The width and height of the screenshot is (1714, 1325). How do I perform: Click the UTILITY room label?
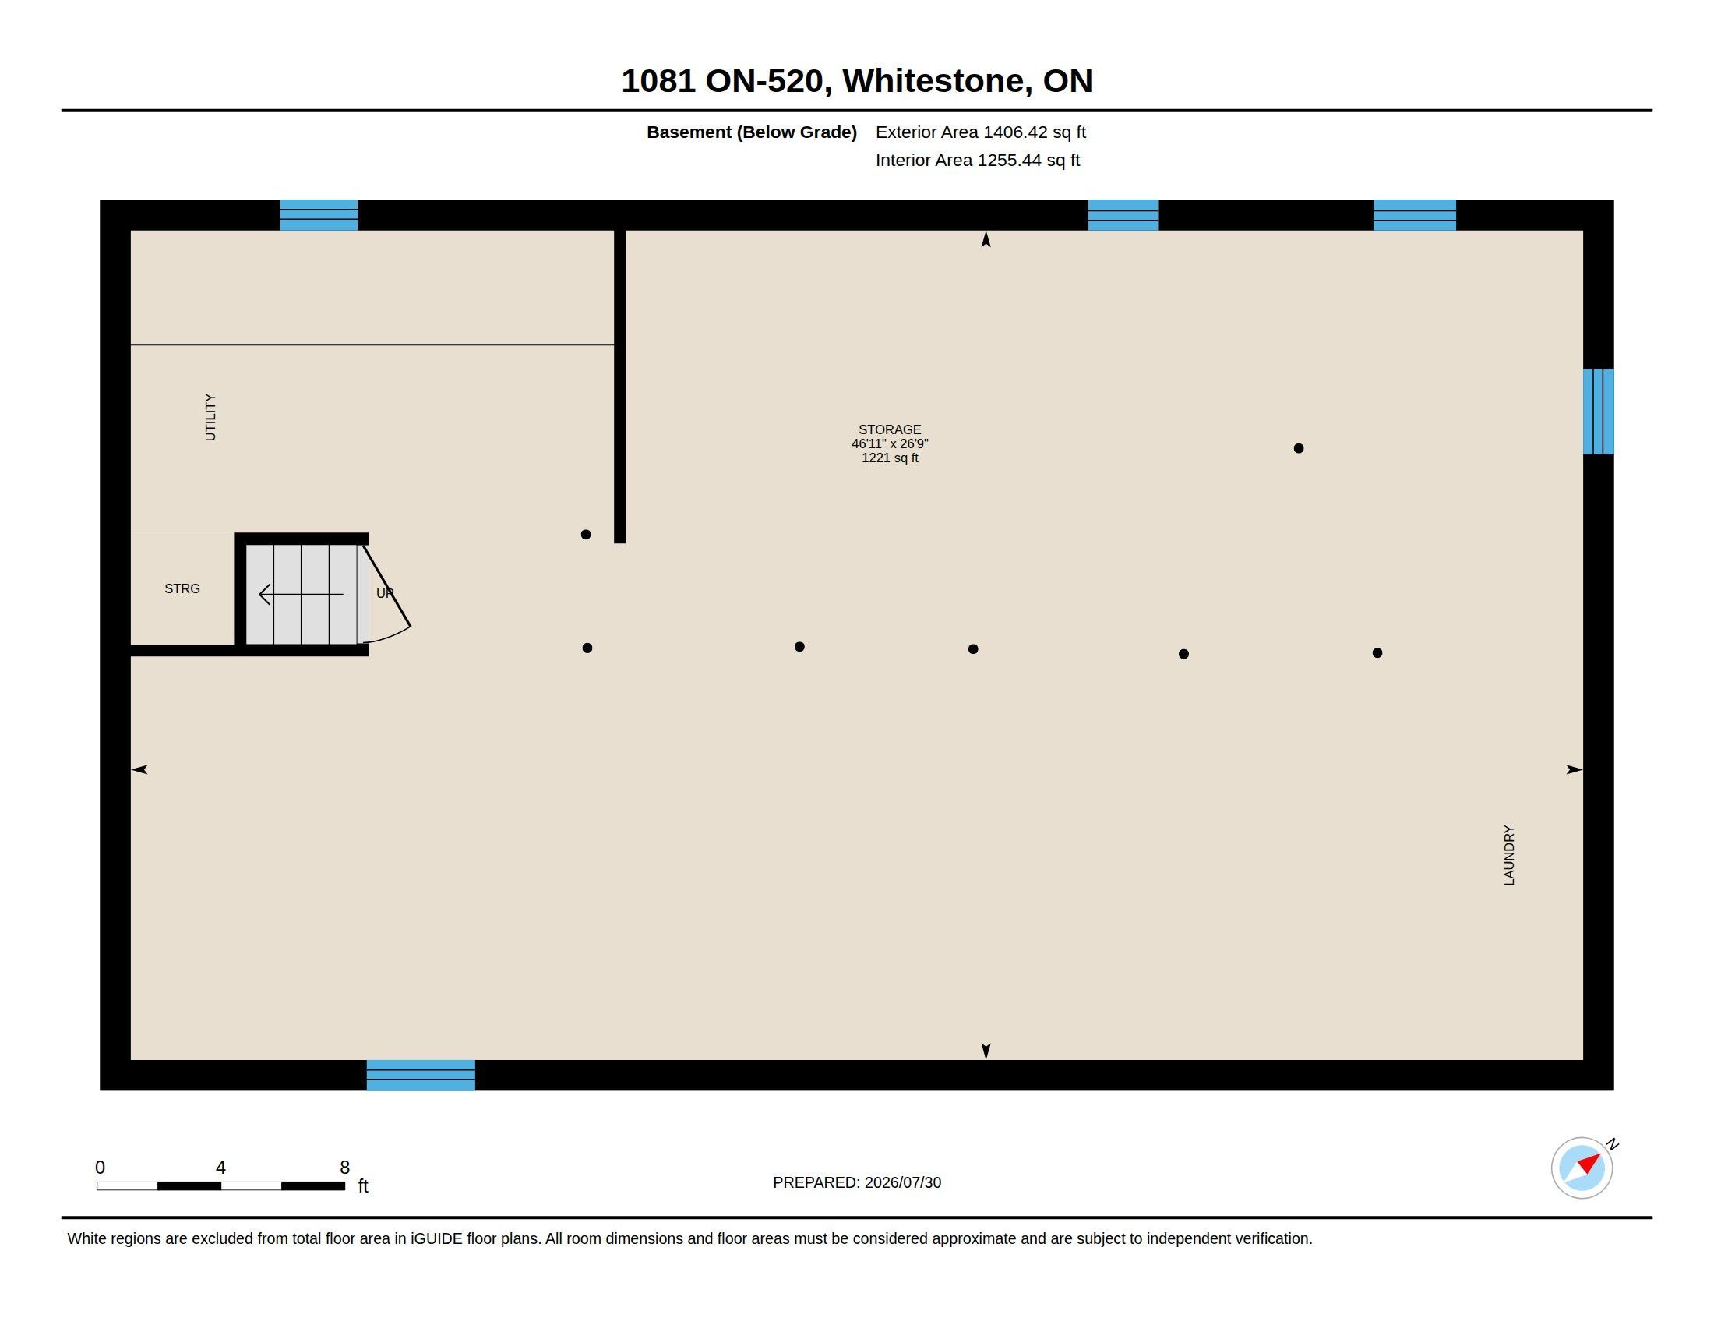pyautogui.click(x=210, y=417)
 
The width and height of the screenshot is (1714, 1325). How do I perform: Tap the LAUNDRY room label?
pyautogui.click(x=1509, y=856)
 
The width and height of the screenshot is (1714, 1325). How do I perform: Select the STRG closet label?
pyautogui.click(x=182, y=588)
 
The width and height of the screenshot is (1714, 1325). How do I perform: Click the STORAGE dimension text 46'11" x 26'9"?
pyautogui.click(x=890, y=443)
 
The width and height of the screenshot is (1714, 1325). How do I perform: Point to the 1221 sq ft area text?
pyautogui.click(x=890, y=458)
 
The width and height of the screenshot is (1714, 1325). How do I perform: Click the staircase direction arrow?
pyautogui.click(x=302, y=594)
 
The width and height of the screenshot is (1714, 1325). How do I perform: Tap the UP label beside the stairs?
pyautogui.click(x=385, y=593)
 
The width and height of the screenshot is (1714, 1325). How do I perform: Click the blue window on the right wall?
pyautogui.click(x=1598, y=412)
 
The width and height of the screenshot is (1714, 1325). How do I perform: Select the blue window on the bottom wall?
pyautogui.click(x=421, y=1075)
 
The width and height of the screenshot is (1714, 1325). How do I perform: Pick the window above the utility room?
pyautogui.click(x=319, y=214)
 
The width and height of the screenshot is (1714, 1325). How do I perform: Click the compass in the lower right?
pyautogui.click(x=1582, y=1168)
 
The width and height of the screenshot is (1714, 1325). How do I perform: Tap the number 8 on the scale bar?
pyautogui.click(x=344, y=1168)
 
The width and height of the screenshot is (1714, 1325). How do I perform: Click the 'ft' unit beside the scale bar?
pyautogui.click(x=363, y=1185)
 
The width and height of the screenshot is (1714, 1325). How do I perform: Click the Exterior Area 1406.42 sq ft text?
pyautogui.click(x=981, y=132)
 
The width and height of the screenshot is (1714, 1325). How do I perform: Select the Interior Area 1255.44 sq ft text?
pyautogui.click(x=978, y=160)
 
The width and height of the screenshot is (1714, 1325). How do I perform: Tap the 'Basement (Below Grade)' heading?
pyautogui.click(x=752, y=132)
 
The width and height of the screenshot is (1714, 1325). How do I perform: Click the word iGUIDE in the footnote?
pyautogui.click(x=436, y=1238)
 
